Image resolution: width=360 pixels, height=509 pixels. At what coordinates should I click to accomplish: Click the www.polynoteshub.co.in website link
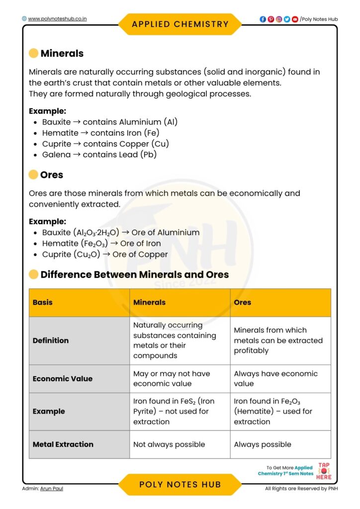tap(57, 19)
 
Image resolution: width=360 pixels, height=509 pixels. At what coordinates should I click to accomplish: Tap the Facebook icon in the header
tap(263, 19)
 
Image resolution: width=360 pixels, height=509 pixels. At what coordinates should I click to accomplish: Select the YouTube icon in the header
tap(295, 19)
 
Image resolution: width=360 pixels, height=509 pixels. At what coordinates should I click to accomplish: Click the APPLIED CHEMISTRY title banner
tap(180, 24)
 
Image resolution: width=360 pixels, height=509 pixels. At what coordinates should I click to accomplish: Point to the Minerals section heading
tap(62, 53)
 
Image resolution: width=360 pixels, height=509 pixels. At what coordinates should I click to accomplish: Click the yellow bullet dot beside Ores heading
tap(33, 174)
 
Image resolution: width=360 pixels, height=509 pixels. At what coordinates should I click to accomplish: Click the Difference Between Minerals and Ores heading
tap(134, 274)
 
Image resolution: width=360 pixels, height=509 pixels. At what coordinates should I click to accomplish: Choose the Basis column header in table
tap(43, 302)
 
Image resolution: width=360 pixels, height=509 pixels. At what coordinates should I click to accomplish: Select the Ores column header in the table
tap(243, 302)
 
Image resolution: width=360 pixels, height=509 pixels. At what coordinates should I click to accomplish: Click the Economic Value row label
tap(63, 378)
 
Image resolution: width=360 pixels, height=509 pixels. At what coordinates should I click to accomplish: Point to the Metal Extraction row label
tap(63, 444)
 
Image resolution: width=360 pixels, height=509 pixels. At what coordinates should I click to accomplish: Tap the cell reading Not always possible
tap(169, 444)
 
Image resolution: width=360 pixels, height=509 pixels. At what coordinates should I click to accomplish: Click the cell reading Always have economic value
tap(275, 378)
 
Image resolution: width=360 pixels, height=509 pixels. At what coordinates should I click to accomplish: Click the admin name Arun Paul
tap(52, 489)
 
